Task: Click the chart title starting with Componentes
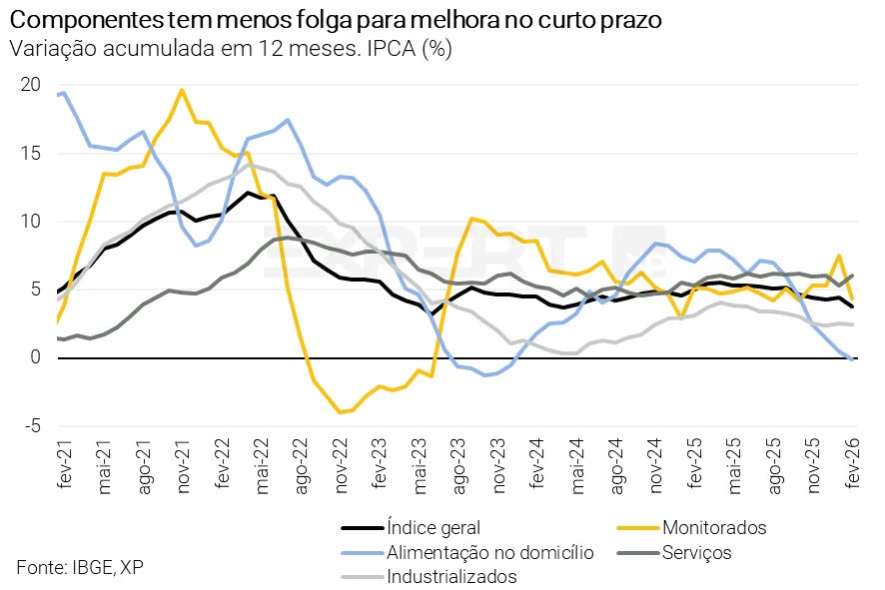point(335,21)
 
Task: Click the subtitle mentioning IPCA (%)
point(231,50)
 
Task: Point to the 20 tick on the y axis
point(30,85)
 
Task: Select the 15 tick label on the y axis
point(31,153)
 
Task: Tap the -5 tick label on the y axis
point(32,425)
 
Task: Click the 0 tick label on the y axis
point(34,357)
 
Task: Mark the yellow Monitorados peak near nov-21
point(182,91)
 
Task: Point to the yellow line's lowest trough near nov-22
point(341,411)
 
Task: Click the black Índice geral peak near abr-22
point(248,193)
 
